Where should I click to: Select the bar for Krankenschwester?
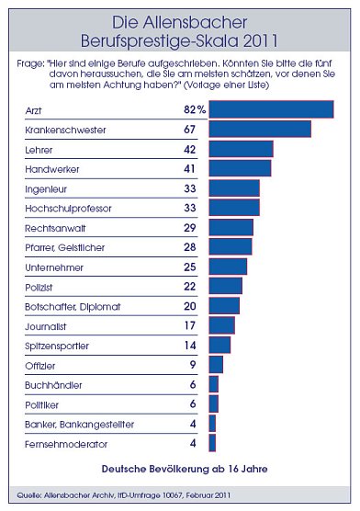tap(260, 129)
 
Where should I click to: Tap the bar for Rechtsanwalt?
tap(231, 226)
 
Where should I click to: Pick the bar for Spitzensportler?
tap(219, 345)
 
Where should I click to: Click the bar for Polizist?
tap(226, 286)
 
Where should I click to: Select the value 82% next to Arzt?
tap(193, 109)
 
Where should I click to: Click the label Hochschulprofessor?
tap(69, 208)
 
